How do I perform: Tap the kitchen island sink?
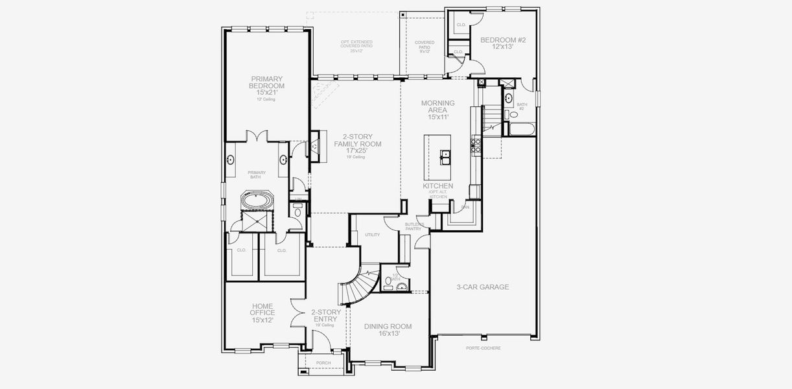[x=445, y=156]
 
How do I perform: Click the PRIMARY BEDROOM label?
[x=267, y=86]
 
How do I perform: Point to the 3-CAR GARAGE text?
[x=482, y=287]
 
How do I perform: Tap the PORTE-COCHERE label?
[x=483, y=348]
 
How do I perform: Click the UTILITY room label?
[x=372, y=235]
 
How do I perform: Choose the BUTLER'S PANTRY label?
[x=413, y=226]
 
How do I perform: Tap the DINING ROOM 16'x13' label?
[x=388, y=329]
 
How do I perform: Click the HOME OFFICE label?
[x=262, y=312]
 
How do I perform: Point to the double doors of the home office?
[x=297, y=314]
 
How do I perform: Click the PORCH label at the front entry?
[x=323, y=363]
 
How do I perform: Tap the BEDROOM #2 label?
[x=502, y=43]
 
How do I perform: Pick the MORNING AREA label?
[x=437, y=110]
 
